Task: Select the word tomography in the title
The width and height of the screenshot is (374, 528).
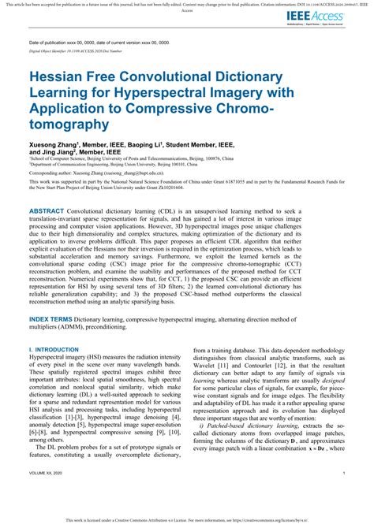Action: click(x=66, y=124)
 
